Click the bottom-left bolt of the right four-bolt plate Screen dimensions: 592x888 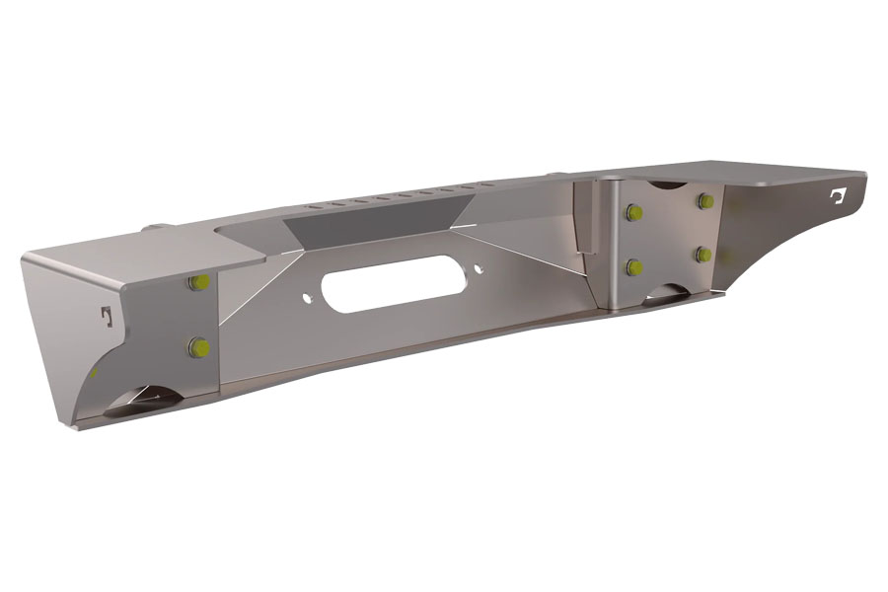pos(631,266)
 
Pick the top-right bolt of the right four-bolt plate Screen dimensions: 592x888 pos(704,201)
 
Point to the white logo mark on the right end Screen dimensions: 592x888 pos(840,196)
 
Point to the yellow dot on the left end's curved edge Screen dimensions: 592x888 pos(92,373)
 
